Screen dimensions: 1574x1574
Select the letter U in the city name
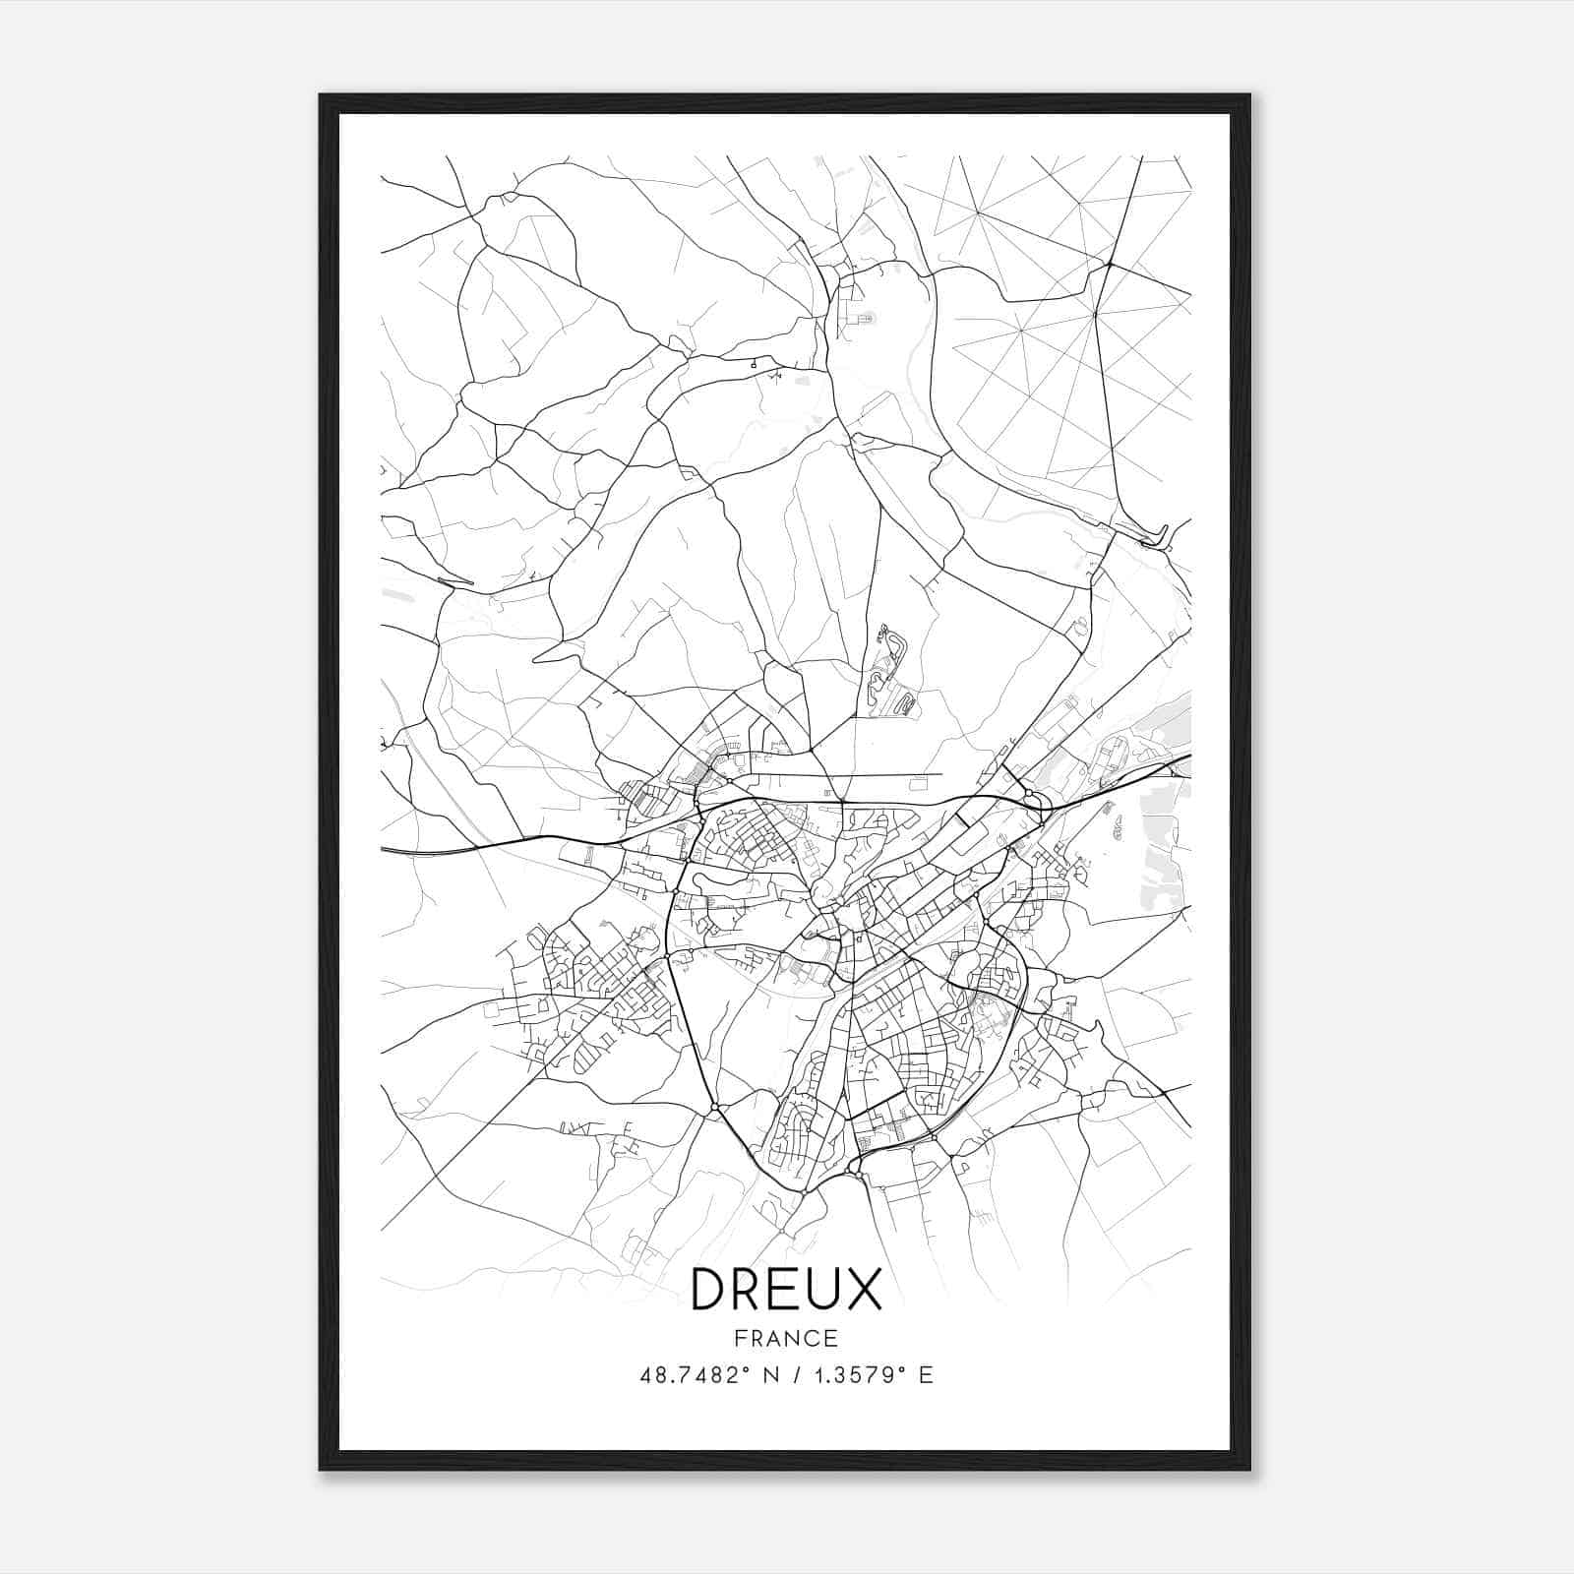[x=824, y=1289]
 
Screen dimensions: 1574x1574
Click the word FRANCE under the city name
[x=786, y=1338]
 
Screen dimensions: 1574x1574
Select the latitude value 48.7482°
[x=691, y=1375]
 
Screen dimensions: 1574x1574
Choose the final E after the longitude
[x=925, y=1375]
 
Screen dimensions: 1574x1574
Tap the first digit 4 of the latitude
[x=645, y=1375]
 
